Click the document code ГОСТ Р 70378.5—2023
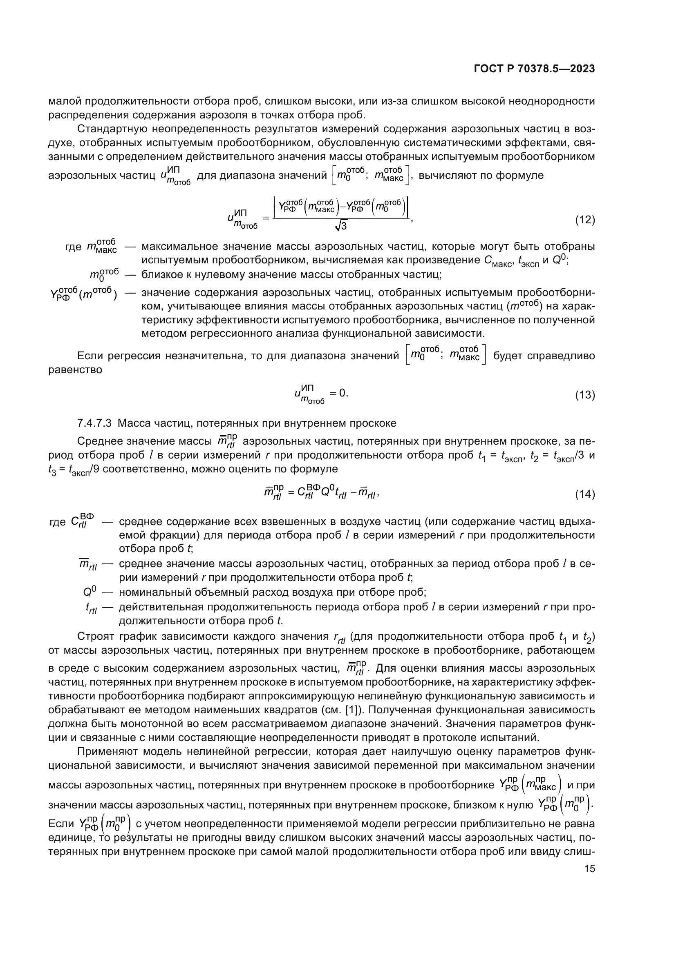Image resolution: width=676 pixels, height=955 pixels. [534, 69]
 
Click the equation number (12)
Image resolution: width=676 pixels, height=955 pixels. [584, 220]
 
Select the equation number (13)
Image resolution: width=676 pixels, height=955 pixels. [584, 395]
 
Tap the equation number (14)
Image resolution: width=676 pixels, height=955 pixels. [584, 494]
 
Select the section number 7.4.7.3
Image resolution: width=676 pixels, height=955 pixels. [94, 423]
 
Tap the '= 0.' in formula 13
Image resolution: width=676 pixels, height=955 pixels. [339, 393]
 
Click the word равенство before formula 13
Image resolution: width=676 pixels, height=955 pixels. [75, 370]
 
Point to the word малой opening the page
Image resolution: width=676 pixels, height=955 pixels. [64, 101]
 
